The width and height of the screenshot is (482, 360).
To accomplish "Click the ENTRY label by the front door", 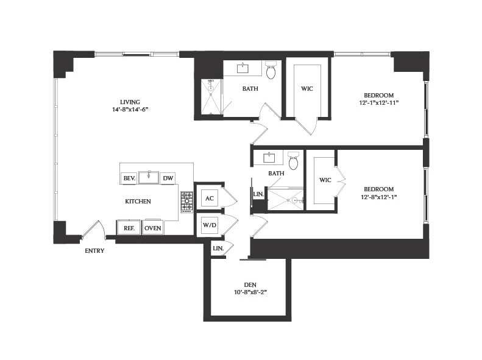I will click(94, 250).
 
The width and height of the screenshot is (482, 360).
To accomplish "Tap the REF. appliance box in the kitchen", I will click(129, 228).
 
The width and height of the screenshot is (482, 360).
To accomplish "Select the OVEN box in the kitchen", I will click(152, 228).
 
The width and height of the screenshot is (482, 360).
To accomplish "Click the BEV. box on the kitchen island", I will click(129, 178).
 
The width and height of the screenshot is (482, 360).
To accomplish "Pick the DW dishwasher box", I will click(168, 178).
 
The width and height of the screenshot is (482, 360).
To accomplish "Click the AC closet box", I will click(209, 199).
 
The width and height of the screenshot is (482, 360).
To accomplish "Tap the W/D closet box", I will click(209, 225).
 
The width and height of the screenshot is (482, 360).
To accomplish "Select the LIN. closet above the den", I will click(218, 249).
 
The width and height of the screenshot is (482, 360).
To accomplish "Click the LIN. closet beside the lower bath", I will click(258, 194).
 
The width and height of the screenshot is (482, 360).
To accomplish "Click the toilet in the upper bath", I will click(271, 71).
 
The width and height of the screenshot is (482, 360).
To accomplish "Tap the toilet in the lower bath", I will click(293, 161).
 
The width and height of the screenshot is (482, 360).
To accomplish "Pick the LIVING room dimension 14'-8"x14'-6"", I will click(130, 110).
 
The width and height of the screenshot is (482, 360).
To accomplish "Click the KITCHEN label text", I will click(138, 201).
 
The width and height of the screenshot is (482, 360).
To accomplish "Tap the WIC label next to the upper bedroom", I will click(307, 89).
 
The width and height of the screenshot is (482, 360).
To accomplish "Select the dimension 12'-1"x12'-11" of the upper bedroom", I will click(378, 103).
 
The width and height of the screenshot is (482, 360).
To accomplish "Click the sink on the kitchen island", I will click(148, 177).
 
